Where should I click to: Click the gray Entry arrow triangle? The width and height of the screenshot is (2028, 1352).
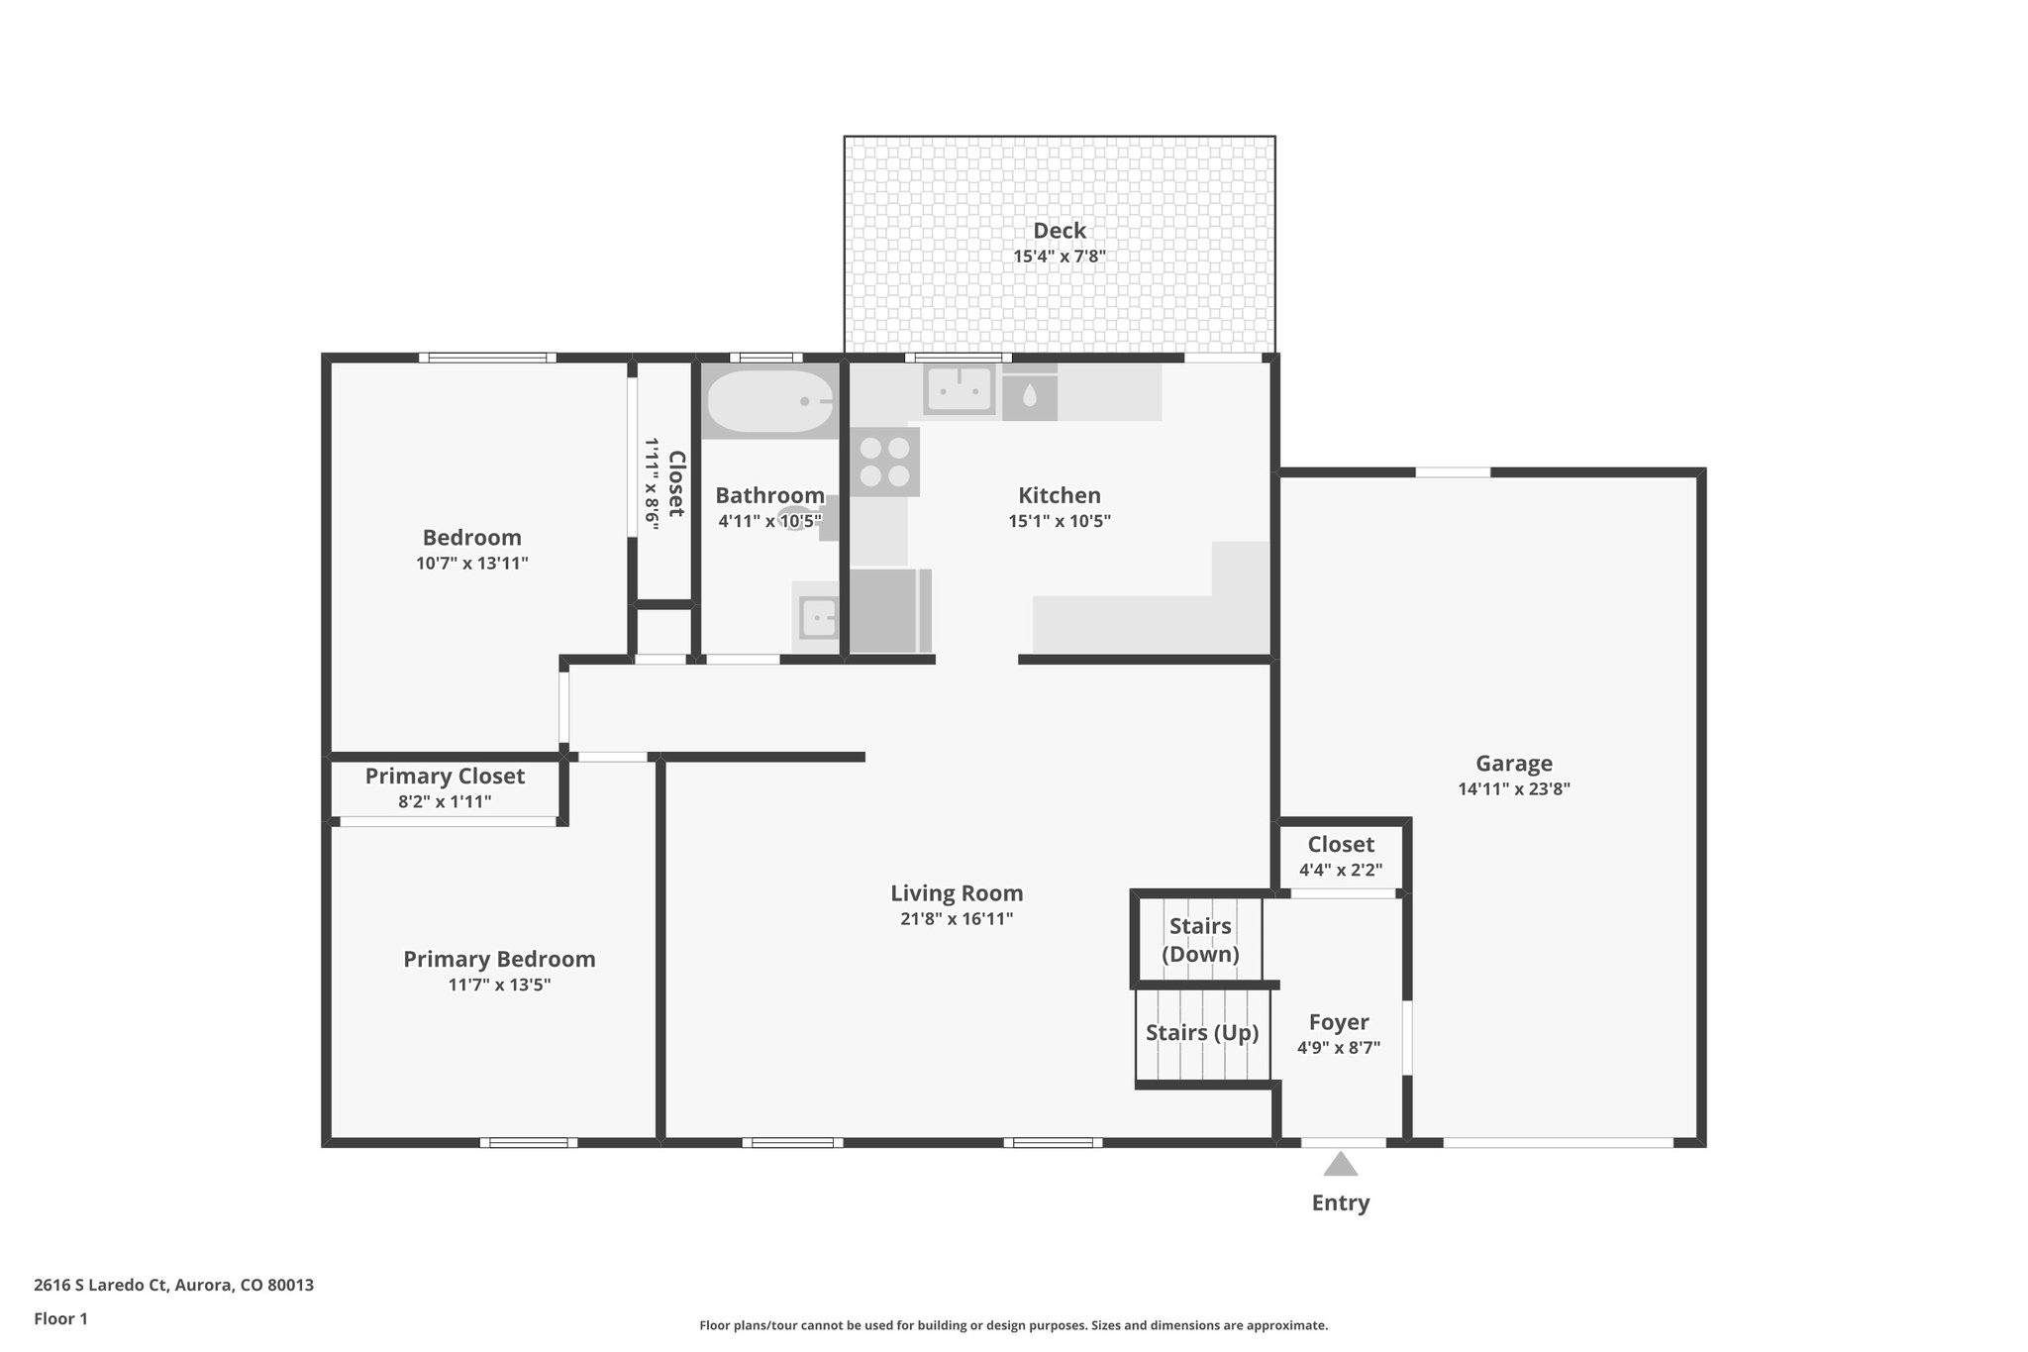click(1340, 1165)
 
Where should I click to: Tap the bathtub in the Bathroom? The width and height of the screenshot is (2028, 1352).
click(770, 402)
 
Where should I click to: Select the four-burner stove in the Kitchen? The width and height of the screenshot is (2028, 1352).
click(884, 462)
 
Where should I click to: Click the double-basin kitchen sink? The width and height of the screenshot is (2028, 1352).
click(959, 389)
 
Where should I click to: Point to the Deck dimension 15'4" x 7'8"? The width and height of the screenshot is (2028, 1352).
click(1059, 257)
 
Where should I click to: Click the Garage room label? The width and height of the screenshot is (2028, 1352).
click(1513, 764)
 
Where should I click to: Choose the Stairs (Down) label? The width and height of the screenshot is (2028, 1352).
click(1200, 940)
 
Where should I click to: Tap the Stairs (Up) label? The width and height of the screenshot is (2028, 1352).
click(1201, 1033)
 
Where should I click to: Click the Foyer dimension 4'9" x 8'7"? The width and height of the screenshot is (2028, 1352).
click(1338, 1048)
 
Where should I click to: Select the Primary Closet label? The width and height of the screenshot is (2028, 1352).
click(445, 777)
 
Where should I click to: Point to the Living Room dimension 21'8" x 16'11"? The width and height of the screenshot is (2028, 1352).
click(956, 919)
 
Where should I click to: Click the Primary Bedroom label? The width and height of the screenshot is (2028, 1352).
click(499, 959)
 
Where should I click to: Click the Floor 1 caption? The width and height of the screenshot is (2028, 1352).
click(60, 1318)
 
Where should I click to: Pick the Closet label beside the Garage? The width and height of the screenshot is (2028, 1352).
click(1341, 845)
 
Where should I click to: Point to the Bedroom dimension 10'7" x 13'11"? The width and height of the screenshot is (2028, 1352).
click(471, 564)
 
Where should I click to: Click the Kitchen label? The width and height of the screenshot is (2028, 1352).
click(1059, 495)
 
